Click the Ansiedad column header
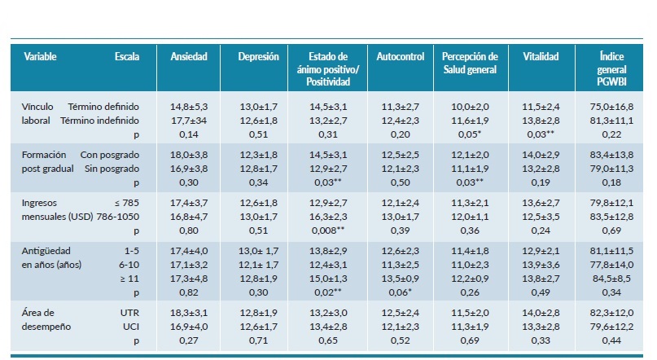pos(188,57)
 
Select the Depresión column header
pos(258,57)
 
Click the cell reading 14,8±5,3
pos(189,106)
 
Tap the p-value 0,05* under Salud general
pos(470,134)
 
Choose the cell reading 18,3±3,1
pos(189,312)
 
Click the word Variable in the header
pos(41,57)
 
